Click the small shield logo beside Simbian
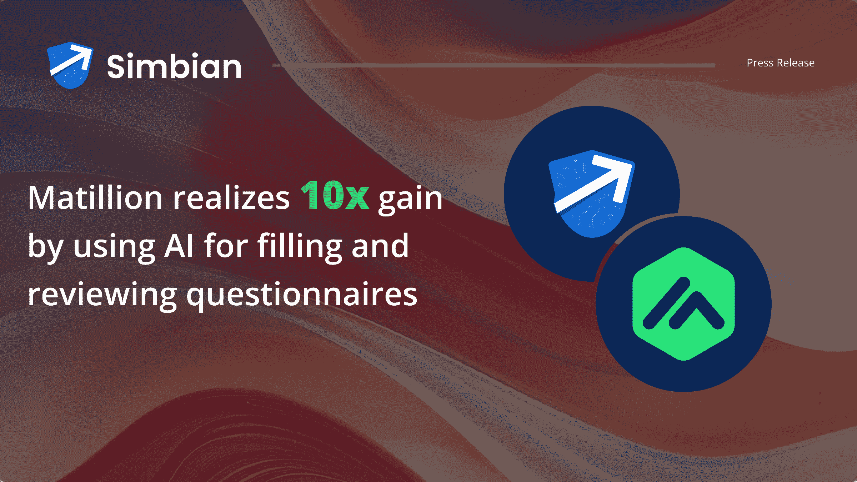(70, 65)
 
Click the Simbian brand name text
(174, 66)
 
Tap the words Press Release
(781, 63)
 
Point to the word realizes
(231, 198)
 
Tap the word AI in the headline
(179, 246)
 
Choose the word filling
(300, 246)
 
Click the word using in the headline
(114, 247)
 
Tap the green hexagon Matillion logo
(683, 304)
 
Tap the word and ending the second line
(380, 246)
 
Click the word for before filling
(226, 246)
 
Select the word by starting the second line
(45, 247)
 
